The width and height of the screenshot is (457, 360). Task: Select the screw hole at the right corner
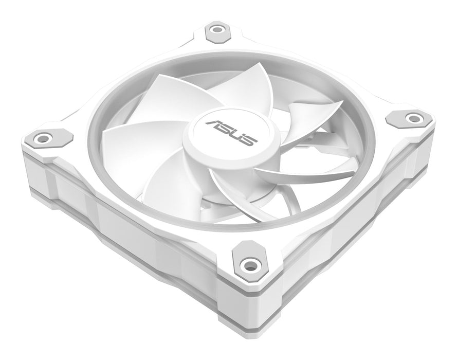click(412, 118)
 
